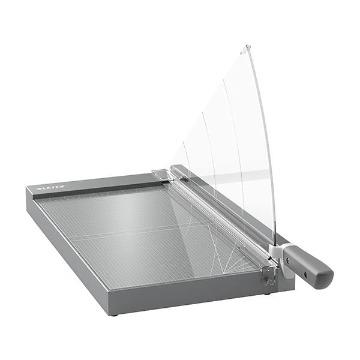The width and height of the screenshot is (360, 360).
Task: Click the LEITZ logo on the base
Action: coord(49,188)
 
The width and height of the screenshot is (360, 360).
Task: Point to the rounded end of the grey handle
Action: coord(326,278)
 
